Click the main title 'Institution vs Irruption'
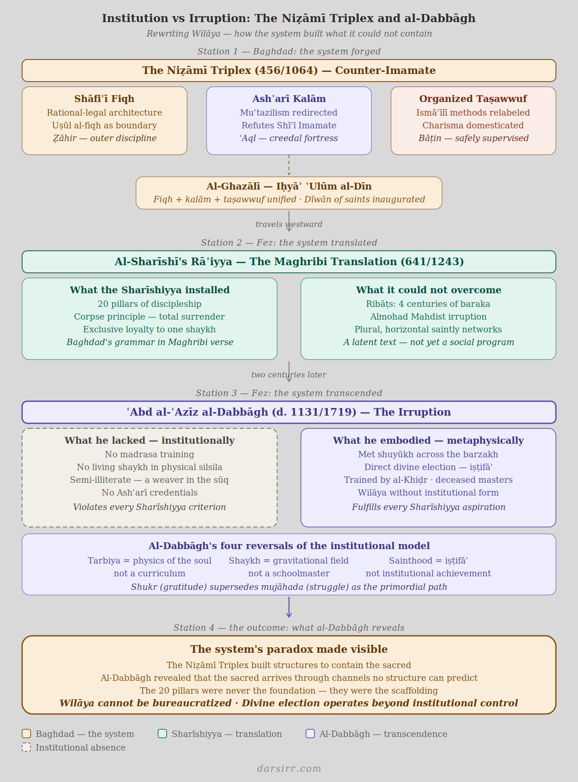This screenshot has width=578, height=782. pos(289,18)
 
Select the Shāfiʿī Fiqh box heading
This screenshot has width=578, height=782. pos(104,99)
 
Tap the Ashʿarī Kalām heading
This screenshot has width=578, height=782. pos(289,99)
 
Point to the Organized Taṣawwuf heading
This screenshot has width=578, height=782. pos(473,99)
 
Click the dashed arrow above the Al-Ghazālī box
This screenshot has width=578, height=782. pos(289,166)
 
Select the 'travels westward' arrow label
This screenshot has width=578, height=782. pos(289,224)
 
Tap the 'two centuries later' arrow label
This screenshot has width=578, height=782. pos(289,375)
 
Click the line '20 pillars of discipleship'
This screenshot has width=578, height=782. pos(150,304)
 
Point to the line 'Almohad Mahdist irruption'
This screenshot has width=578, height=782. pos(428,317)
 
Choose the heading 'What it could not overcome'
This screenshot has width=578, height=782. pos(428,290)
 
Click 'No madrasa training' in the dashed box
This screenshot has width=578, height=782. pos(150,454)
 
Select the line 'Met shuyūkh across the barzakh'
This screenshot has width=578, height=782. pos(428,454)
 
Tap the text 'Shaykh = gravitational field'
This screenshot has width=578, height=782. pos(289,561)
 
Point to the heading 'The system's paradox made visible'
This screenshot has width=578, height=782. pos(289,649)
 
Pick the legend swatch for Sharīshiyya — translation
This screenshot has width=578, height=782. pos(162,734)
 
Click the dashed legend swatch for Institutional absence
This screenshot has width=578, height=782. pos(26,747)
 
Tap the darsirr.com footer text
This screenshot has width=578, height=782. pos(289,768)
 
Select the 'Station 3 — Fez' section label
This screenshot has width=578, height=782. pos(289,393)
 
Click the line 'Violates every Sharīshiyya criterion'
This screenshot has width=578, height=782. pos(150,507)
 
